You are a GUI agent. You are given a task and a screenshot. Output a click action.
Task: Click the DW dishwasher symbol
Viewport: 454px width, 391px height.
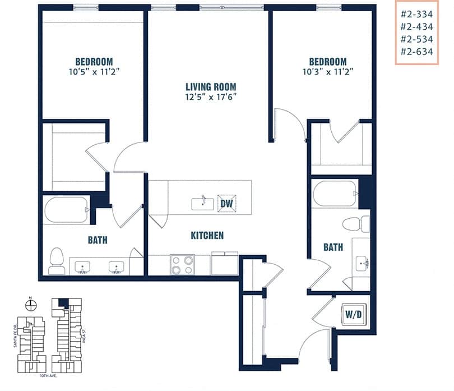coord(226,204)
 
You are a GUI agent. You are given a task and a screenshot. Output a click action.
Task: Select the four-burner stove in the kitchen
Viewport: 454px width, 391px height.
coord(182,264)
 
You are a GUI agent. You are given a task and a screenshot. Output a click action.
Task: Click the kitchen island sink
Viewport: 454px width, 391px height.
coord(202,204)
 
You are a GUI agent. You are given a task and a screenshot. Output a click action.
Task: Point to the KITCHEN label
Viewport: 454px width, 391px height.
coord(207,236)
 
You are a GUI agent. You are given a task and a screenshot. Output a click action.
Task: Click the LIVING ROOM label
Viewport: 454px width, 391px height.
coord(211,87)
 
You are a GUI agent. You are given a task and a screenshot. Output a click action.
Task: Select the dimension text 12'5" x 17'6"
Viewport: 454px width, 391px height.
coord(211,97)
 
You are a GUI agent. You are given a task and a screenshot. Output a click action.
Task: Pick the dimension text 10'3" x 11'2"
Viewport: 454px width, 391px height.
coord(327,72)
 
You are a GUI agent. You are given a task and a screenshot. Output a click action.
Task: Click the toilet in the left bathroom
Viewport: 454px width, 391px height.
coord(57,260)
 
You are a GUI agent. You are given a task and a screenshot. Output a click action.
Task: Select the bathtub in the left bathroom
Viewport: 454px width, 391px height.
coord(67,209)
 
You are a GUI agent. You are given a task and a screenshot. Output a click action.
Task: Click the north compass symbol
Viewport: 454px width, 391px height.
coord(31,305)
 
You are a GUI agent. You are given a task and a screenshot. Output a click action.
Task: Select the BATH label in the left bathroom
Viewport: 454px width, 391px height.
coord(98,241)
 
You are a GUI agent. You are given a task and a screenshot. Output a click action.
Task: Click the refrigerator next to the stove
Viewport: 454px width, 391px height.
coord(224,263)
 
